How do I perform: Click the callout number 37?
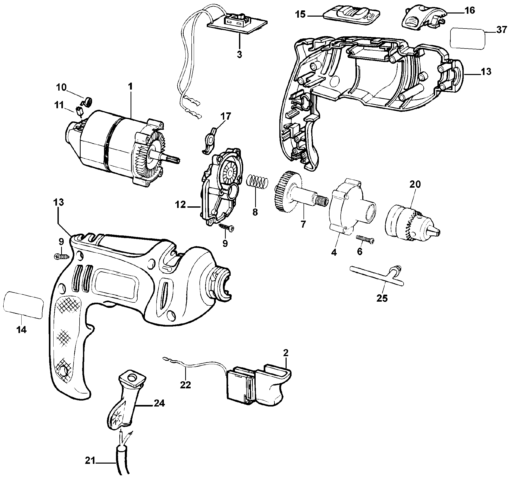click(x=501, y=30)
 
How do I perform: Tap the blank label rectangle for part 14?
click(x=23, y=304)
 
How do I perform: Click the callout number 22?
click(x=186, y=392)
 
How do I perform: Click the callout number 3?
click(x=239, y=55)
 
